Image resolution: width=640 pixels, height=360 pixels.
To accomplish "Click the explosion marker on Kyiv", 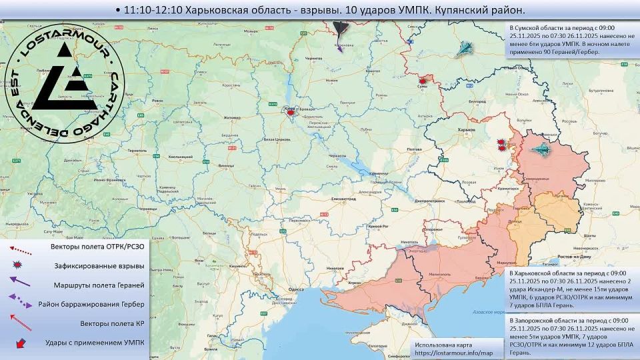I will tap(290, 113).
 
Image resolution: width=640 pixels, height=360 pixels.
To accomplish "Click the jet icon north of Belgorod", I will tap(464, 48).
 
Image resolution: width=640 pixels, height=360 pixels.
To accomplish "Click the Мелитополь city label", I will tap(439, 274).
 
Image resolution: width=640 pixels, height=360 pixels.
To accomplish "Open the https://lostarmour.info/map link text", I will tap(453, 353).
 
